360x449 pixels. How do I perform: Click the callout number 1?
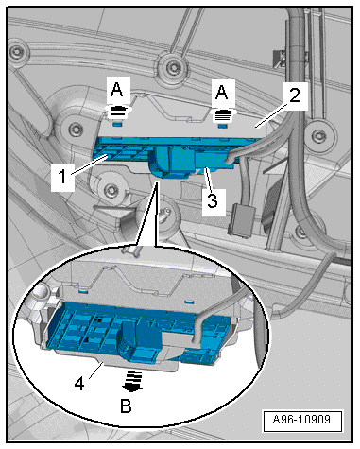pyautogui.click(x=62, y=177)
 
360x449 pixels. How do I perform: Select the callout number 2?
pyautogui.click(x=295, y=95)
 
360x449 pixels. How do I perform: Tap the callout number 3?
pyautogui.click(x=213, y=200)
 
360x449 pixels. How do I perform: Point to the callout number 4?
pyautogui.click(x=79, y=384)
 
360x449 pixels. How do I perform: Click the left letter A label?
pyautogui.click(x=117, y=90)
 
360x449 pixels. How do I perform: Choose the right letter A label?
pyautogui.click(x=222, y=92)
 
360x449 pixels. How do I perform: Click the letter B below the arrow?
pyautogui.click(x=126, y=406)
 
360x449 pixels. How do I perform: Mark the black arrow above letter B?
pyautogui.click(x=132, y=381)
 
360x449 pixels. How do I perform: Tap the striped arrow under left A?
pyautogui.click(x=118, y=112)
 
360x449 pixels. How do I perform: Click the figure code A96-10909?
pyautogui.click(x=301, y=420)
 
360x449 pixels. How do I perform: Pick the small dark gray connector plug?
pyautogui.click(x=240, y=219)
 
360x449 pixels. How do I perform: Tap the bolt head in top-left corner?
pyautogui.click(x=16, y=49)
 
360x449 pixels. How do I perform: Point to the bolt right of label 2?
pyautogui.click(x=317, y=135)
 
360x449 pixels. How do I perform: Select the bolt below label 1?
pyautogui.click(x=111, y=190)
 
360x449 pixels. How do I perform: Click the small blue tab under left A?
pyautogui.click(x=117, y=125)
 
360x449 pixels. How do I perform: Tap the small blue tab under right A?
pyautogui.click(x=223, y=127)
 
